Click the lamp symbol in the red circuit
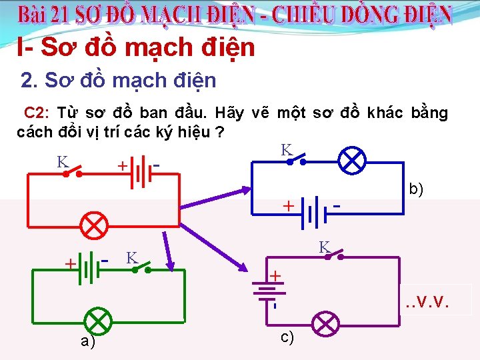tap(95, 225)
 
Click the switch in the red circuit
tap(72, 173)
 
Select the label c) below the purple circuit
tap(287, 338)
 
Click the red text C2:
tap(38, 112)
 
